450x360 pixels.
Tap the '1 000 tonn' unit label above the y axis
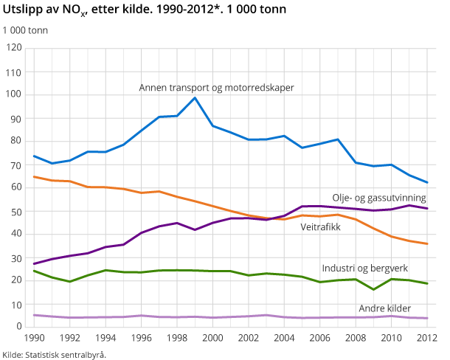pos(26,31)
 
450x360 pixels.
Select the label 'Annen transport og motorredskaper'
pos(217,87)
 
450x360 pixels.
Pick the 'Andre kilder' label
pos(384,308)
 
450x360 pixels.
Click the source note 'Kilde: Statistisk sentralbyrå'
pos(55,354)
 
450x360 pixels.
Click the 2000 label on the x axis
pos(212,338)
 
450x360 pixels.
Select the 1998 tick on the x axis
pos(177,338)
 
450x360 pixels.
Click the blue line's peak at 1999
pos(195,98)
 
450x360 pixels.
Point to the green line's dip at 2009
pos(373,289)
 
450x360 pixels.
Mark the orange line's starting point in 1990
pos(35,176)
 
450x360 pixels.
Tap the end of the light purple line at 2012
pos(427,318)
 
